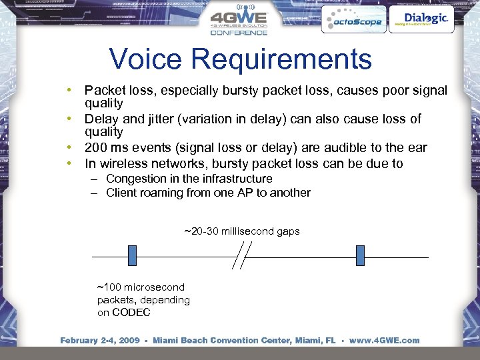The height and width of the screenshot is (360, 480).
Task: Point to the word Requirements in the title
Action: coord(281,60)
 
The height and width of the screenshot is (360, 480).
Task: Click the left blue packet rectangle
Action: coord(132,256)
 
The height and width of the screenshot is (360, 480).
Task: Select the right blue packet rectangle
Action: coord(360,256)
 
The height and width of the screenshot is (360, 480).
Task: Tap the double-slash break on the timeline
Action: coord(242,256)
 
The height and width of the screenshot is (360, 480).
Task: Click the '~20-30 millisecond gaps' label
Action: coord(242,231)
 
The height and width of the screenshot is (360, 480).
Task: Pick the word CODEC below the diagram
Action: coord(131,312)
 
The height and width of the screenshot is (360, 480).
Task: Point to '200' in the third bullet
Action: coord(96,148)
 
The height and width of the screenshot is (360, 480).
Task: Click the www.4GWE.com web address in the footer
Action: coord(384,341)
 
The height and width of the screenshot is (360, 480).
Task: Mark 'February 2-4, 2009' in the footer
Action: coord(100,341)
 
